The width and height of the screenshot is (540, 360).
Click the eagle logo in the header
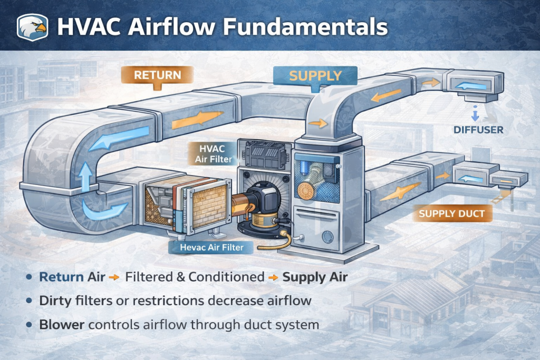[x=33, y=26]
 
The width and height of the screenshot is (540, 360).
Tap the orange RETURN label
[x=157, y=75]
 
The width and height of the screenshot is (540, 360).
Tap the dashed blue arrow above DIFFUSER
[x=475, y=113]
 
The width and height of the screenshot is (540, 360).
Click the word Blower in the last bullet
[x=62, y=324]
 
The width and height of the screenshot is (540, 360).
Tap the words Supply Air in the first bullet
[x=315, y=277]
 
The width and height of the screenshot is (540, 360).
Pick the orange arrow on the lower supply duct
[x=393, y=193]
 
